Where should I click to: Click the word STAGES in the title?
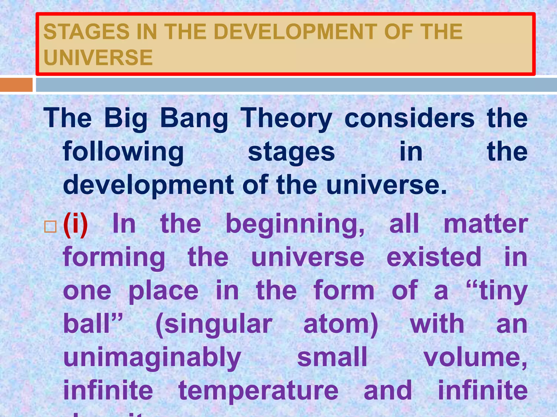pos(86,32)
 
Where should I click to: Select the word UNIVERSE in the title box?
pos(98,58)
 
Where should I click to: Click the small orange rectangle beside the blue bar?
pos(16,85)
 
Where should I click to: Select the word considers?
pos(409,118)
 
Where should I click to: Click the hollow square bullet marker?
pos(50,227)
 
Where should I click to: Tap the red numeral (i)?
pos(75,225)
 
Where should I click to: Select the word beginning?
pos(295,225)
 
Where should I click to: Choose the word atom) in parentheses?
pos(341,324)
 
